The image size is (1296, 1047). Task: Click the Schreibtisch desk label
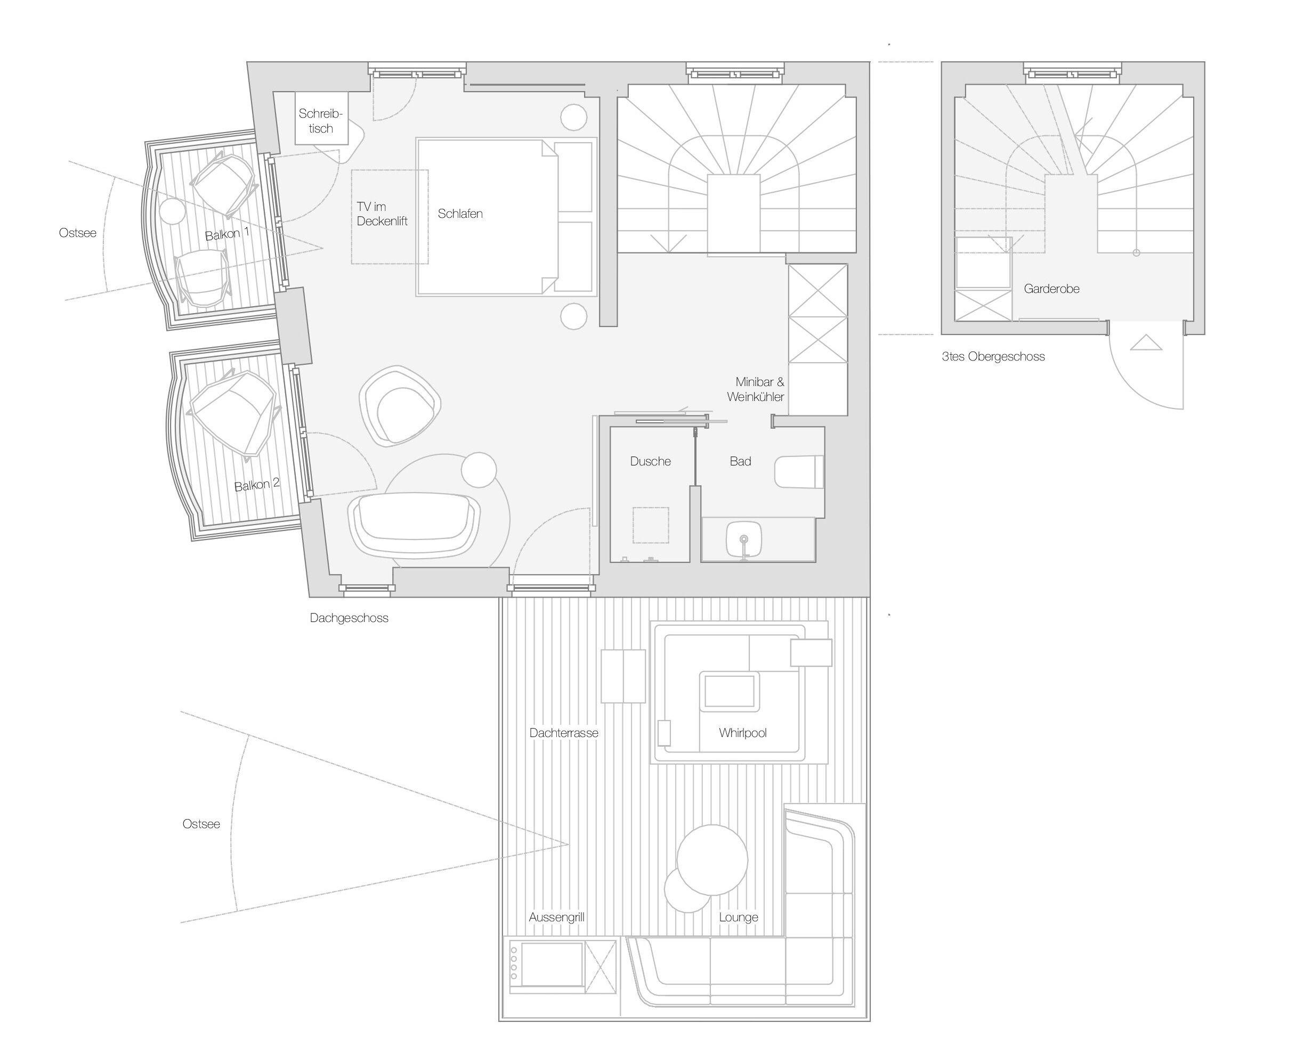(x=320, y=120)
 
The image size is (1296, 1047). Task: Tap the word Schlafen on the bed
(x=460, y=214)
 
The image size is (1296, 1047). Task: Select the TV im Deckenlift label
(x=382, y=214)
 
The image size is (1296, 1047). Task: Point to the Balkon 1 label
(x=227, y=233)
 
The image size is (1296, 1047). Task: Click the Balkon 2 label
(x=257, y=484)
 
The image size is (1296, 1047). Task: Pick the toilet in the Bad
(x=799, y=472)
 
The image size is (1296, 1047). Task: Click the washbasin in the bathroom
(x=744, y=538)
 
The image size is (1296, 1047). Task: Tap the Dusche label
(x=651, y=461)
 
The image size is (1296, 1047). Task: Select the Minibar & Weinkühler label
(x=756, y=389)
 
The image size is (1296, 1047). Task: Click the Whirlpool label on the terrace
(x=743, y=733)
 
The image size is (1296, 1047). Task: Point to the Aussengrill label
(x=557, y=918)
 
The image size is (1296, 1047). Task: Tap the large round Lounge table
(x=712, y=860)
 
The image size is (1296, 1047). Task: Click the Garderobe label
(x=1051, y=289)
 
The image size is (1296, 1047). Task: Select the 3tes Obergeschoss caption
(x=993, y=356)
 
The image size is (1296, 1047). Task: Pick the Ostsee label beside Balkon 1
(x=78, y=233)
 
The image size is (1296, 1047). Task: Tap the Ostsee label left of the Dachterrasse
(x=201, y=824)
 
